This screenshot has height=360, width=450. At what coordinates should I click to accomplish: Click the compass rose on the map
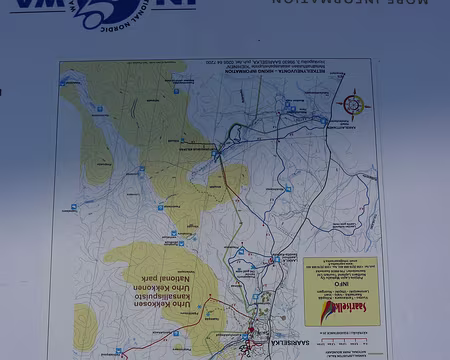click(x=352, y=104)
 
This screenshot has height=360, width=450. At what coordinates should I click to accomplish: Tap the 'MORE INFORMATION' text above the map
click(x=349, y=3)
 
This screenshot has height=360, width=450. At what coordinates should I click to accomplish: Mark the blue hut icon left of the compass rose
click(x=323, y=121)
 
